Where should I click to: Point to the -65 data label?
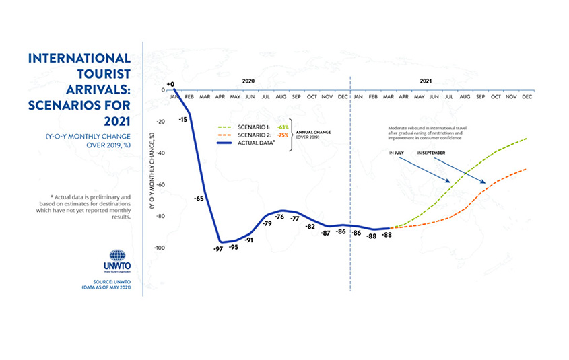click(x=198, y=199)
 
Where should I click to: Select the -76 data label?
click(x=279, y=217)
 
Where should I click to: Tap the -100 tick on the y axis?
click(x=159, y=248)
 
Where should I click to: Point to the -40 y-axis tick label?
click(x=160, y=153)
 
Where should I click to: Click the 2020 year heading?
click(x=248, y=81)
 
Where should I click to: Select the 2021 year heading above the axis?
click(x=426, y=81)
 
